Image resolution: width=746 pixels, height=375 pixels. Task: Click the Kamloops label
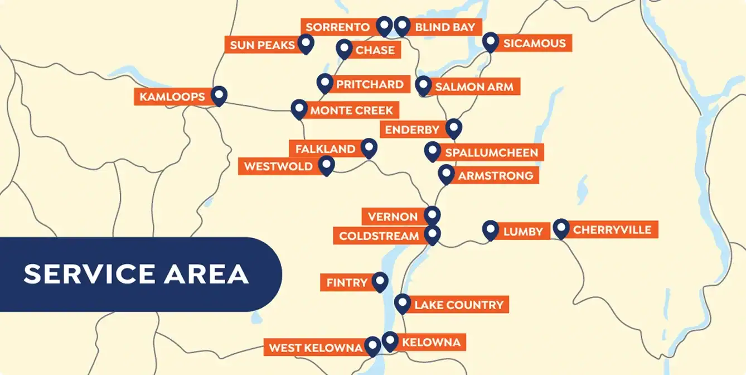click(x=172, y=97)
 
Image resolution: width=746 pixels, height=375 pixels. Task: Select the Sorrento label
click(x=338, y=27)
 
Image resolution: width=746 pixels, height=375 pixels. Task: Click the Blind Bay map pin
click(x=401, y=25)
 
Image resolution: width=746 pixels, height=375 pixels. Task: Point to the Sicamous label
click(x=534, y=44)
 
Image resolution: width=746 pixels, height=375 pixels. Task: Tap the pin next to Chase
click(x=345, y=49)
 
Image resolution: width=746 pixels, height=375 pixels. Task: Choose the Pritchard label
click(x=370, y=84)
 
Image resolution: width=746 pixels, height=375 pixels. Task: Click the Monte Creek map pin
click(x=299, y=108)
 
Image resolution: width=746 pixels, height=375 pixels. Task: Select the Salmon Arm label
click(x=474, y=87)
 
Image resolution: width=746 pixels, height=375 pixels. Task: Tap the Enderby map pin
click(x=454, y=128)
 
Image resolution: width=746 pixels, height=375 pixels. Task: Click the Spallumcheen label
click(x=491, y=153)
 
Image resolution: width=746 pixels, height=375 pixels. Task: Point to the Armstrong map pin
click(x=445, y=174)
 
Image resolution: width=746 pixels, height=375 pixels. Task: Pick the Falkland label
click(x=325, y=149)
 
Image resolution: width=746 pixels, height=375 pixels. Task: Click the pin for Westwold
click(x=326, y=165)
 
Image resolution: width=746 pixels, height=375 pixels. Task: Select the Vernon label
click(x=393, y=217)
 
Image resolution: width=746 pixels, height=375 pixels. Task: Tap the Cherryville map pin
click(x=561, y=228)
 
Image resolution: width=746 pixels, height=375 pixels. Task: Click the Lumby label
click(x=523, y=232)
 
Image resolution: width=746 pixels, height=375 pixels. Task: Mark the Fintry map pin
click(x=380, y=281)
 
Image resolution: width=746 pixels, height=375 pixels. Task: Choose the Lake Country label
click(x=458, y=305)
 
